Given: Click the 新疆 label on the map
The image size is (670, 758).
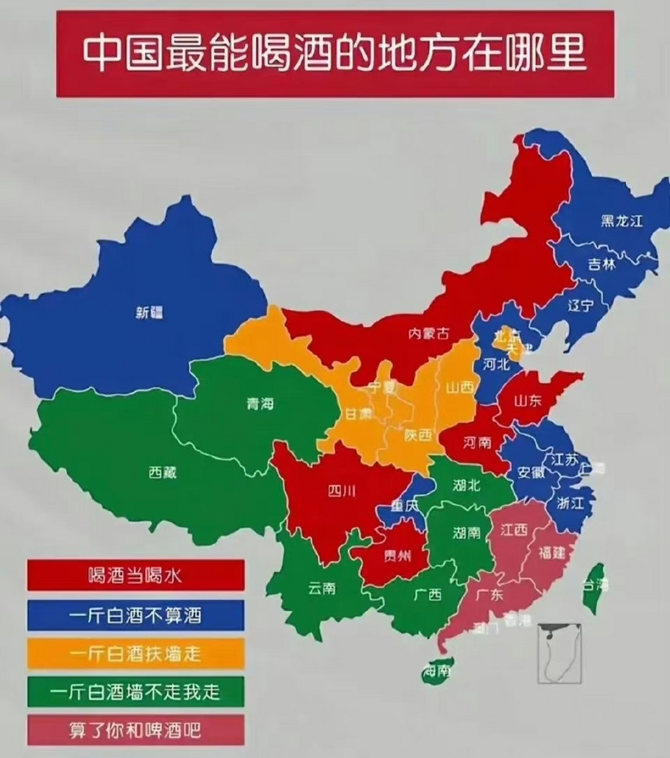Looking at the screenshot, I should [x=149, y=313].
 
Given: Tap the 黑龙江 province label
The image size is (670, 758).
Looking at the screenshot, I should [x=621, y=221].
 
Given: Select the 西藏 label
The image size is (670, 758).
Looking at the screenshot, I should [x=162, y=472].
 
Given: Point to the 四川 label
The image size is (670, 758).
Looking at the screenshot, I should [x=342, y=491].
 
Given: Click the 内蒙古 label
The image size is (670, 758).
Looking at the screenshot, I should [x=428, y=334].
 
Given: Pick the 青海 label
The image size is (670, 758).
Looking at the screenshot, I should [x=260, y=404].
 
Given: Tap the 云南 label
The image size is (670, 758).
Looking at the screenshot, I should [x=322, y=588].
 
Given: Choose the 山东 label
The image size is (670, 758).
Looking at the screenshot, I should [x=527, y=401].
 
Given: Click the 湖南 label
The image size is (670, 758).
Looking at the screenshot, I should [x=467, y=533].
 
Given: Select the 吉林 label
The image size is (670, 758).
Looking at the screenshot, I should [x=601, y=264].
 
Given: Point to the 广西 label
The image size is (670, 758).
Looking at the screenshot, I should [x=428, y=594].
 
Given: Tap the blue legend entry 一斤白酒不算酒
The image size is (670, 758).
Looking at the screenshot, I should [x=136, y=615].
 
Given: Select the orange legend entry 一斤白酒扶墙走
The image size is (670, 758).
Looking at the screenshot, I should [x=136, y=653].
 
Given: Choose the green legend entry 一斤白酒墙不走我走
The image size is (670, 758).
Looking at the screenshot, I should [x=136, y=692].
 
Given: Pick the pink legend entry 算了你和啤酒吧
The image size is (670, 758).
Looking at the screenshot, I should [x=136, y=730].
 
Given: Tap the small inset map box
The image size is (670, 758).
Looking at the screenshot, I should [x=559, y=653].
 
